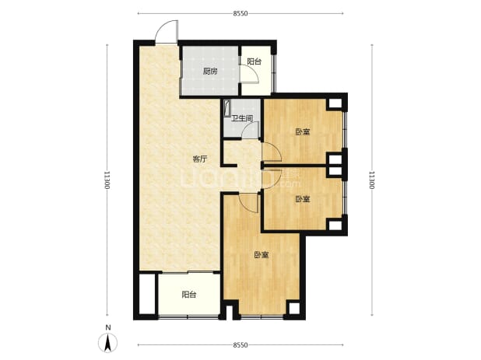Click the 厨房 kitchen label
tap(210, 72)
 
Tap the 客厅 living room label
tap(200, 159)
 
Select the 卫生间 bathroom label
tap(242, 118)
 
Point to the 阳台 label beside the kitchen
tap(255, 61)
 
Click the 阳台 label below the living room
tap(189, 295)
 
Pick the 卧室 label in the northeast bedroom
tap(303, 132)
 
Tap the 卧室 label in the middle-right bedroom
tap(303, 200)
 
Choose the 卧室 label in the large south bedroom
tap(262, 255)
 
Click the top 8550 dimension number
tap(240, 13)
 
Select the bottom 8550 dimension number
tap(240, 345)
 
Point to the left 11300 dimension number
tap(107, 180)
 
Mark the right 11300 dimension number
tap(372, 180)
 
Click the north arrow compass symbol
tap(107, 343)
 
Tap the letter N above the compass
tap(107, 327)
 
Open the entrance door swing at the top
tap(167, 32)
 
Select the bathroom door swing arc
tap(251, 130)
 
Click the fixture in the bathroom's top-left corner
tap(227, 108)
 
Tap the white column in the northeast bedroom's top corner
tap(335, 103)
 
